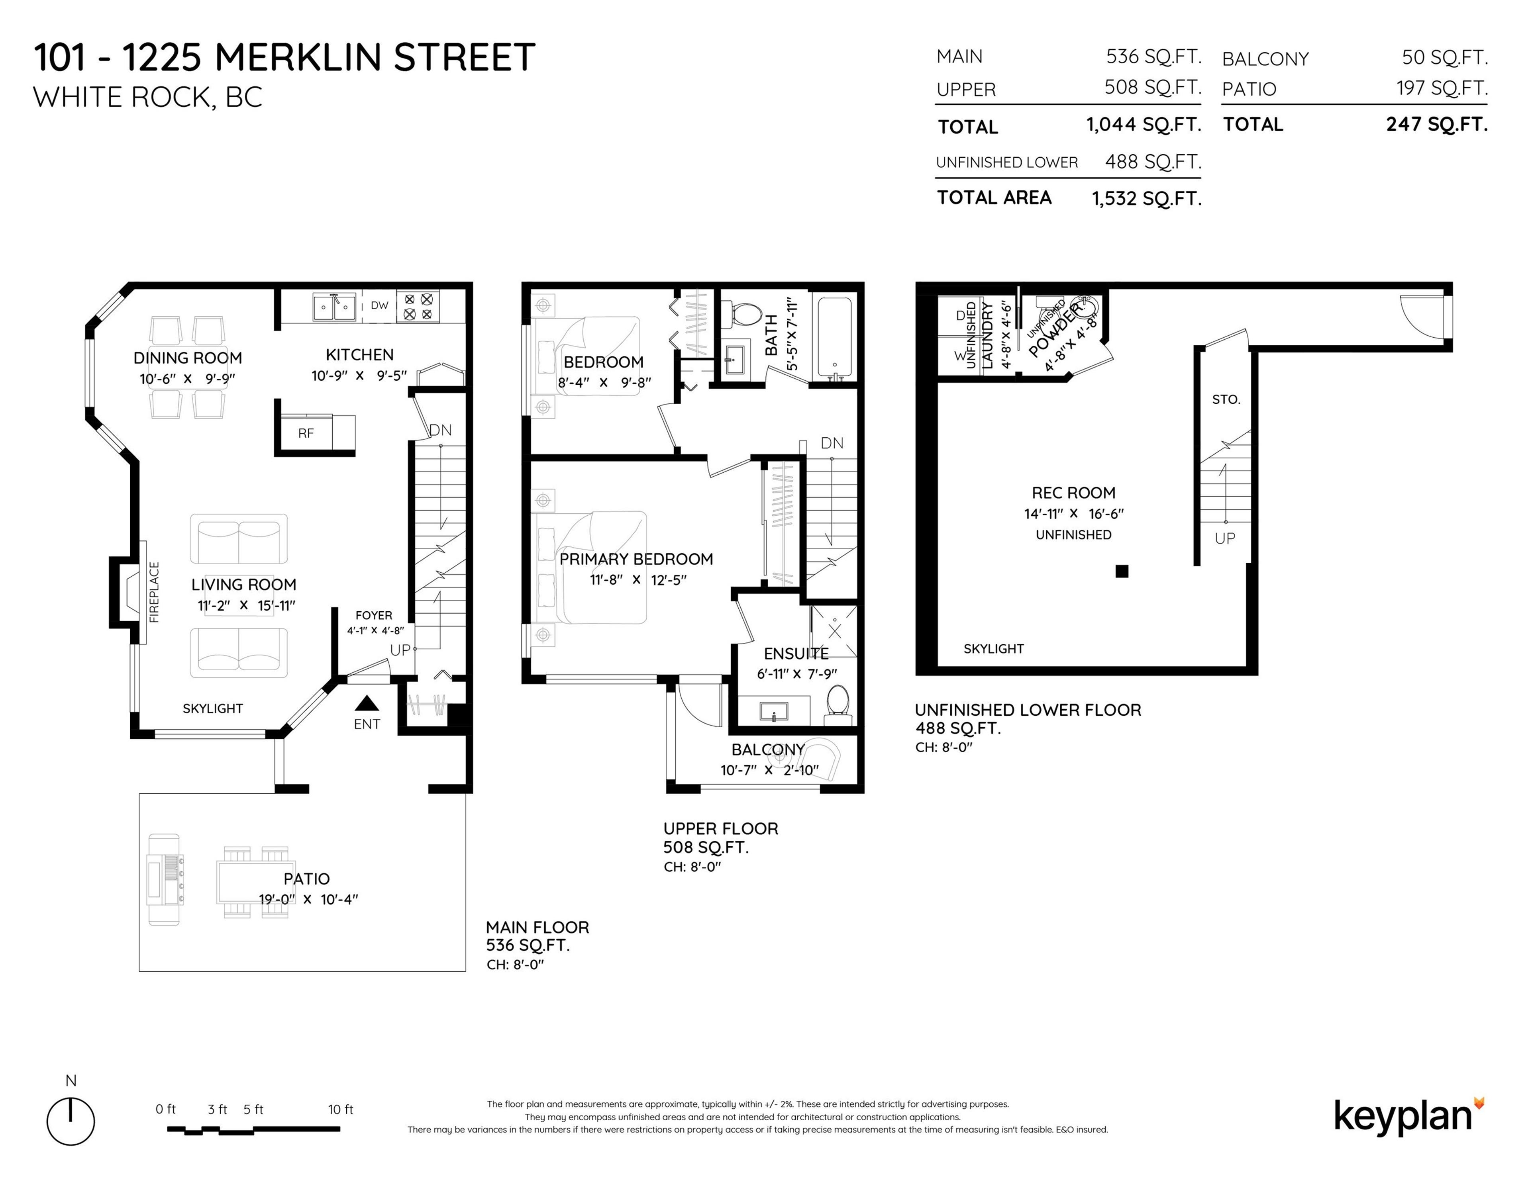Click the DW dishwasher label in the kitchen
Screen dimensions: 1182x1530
point(379,305)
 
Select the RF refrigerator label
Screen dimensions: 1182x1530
point(306,433)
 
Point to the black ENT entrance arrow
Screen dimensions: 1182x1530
point(367,703)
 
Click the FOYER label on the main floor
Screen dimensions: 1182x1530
point(373,616)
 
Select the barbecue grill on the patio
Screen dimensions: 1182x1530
point(164,879)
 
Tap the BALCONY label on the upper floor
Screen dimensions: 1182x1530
point(768,750)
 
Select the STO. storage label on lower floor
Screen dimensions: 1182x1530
point(1226,400)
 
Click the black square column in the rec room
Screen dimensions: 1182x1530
point(1122,571)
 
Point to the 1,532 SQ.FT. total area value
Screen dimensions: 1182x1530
point(1147,199)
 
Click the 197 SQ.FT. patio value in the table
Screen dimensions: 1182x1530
point(1442,88)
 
